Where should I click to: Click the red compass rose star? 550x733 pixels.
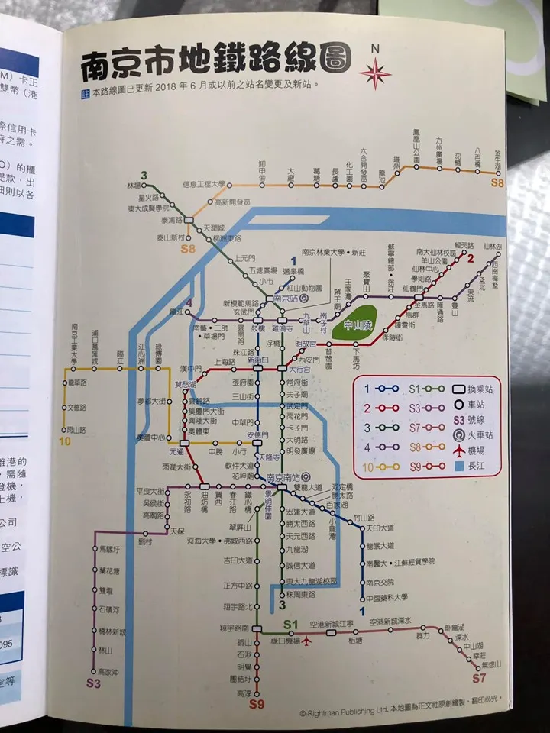point(375,74)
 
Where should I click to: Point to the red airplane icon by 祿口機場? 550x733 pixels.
point(308,640)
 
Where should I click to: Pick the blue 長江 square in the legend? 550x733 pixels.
point(457,465)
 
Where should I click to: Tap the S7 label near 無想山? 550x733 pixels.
point(479,677)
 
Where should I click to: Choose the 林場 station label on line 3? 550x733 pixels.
point(134,186)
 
